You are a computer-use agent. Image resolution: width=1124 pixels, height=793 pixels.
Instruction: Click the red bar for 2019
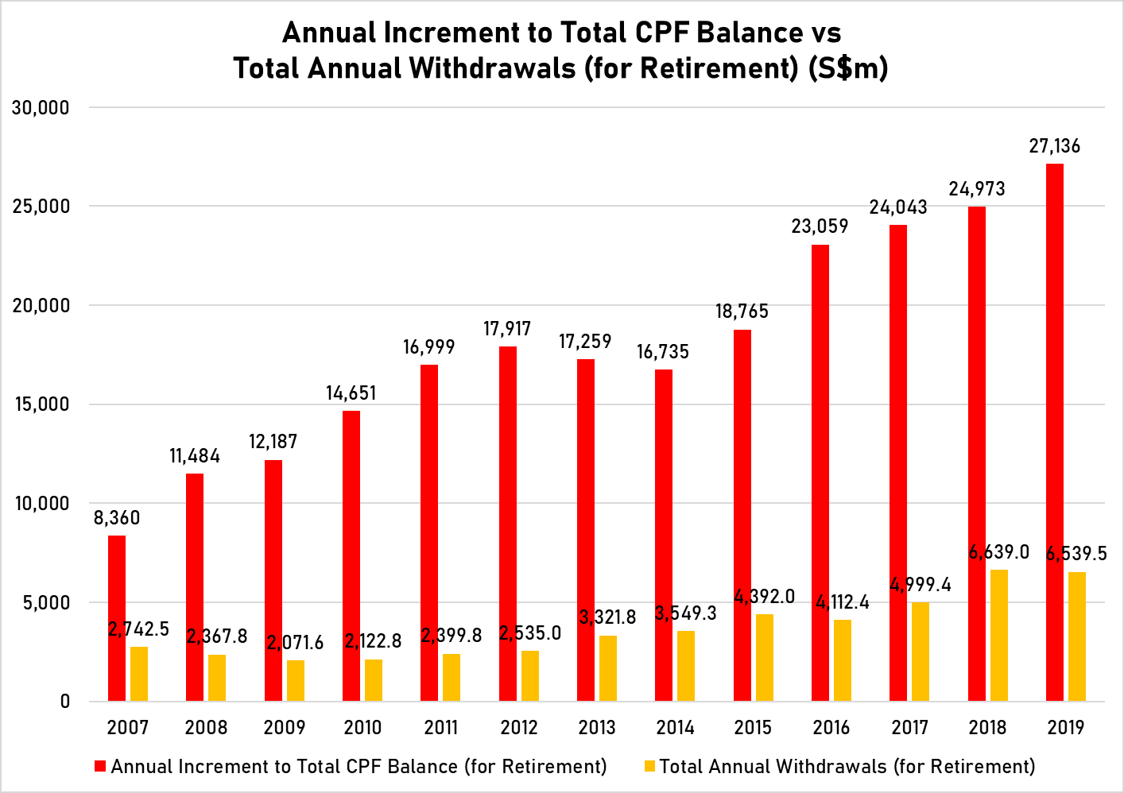[1054, 432]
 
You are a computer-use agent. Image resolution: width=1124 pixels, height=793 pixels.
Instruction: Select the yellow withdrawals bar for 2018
[998, 635]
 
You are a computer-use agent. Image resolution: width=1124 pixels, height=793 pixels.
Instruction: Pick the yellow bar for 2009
[296, 680]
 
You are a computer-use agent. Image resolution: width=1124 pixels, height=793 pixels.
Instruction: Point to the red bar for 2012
[508, 524]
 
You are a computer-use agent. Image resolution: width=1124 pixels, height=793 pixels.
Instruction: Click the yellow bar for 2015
[764, 657]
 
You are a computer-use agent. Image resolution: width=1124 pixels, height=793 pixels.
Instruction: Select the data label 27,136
[1055, 146]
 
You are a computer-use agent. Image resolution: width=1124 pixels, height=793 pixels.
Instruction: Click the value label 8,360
[117, 518]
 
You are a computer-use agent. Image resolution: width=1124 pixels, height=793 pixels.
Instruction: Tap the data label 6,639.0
[999, 552]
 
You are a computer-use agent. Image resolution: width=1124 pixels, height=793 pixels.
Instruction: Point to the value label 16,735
[663, 352]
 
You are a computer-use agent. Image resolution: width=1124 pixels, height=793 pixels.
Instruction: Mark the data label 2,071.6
[296, 643]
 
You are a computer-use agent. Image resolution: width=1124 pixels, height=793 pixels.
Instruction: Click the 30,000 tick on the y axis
[41, 107]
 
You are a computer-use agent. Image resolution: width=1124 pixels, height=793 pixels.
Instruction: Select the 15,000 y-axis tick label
[41, 404]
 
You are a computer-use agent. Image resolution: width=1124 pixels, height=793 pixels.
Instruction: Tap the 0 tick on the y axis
[64, 702]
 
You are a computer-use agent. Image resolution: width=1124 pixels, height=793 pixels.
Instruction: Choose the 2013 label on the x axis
[597, 728]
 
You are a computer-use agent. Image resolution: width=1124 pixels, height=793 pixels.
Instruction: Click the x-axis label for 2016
[831, 728]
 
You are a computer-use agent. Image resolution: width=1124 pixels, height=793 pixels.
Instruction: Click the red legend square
[100, 767]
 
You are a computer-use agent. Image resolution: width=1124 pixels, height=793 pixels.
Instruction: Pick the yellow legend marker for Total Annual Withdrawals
[649, 767]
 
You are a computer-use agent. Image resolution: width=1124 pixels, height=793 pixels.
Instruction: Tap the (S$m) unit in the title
[848, 68]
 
